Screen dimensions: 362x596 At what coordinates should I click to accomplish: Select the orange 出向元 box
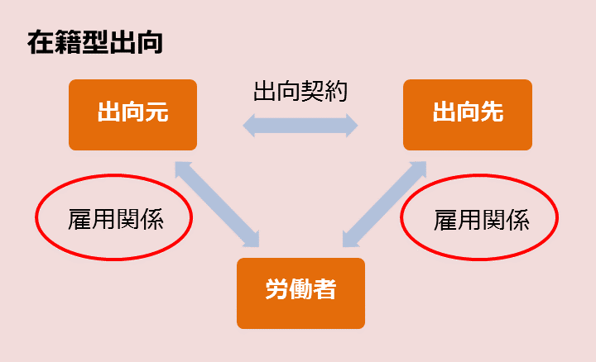(x=132, y=114)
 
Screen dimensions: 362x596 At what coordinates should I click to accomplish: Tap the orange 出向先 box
(x=467, y=114)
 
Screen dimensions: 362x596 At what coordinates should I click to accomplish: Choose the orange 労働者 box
(x=300, y=293)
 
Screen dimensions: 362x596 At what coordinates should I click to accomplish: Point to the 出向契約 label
(x=300, y=91)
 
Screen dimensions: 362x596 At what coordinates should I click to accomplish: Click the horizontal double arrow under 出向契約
(x=300, y=126)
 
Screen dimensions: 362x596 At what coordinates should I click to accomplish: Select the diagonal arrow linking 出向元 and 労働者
(x=218, y=203)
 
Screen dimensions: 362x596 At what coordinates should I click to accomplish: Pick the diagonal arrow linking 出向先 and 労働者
(x=384, y=203)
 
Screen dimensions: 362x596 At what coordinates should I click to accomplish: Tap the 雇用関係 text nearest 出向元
(x=115, y=219)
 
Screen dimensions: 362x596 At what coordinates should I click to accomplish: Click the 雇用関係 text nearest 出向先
(x=481, y=220)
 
